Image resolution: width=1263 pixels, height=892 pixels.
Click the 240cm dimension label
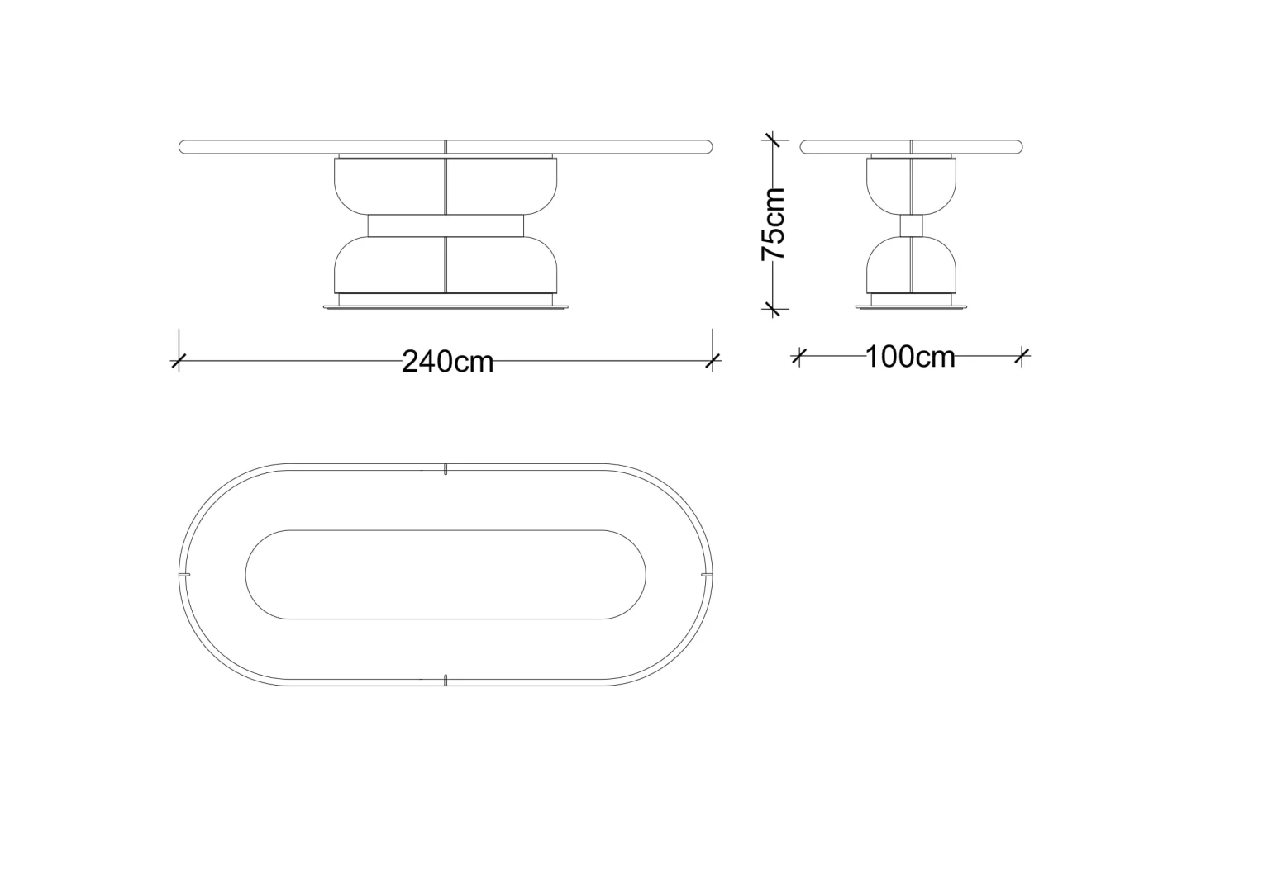[x=448, y=362]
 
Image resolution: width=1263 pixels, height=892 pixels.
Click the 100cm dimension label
[x=910, y=357]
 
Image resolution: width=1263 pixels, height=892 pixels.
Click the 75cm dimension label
[x=774, y=224]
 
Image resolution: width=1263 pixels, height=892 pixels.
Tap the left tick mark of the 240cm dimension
[x=179, y=361]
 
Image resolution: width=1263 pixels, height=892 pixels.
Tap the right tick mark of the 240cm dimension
[x=713, y=361]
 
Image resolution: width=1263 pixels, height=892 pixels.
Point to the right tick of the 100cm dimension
[x=1022, y=356]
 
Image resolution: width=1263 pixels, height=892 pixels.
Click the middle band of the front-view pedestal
[x=446, y=225]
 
